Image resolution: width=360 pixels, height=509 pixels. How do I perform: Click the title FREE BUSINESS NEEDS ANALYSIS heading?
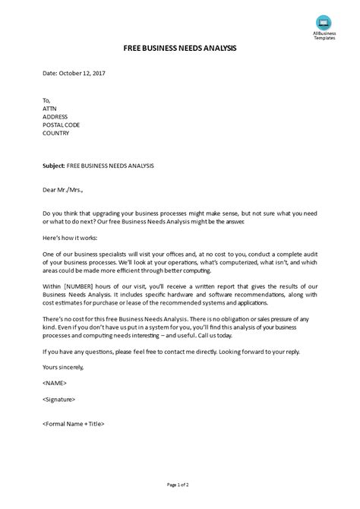click(180, 48)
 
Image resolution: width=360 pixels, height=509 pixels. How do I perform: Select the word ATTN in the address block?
click(50, 107)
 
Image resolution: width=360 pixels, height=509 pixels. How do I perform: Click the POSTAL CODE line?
click(62, 124)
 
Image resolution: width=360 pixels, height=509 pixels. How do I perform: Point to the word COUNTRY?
click(56, 133)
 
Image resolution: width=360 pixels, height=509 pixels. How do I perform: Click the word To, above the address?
click(46, 99)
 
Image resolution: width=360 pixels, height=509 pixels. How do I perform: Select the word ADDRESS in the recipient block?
click(56, 115)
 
